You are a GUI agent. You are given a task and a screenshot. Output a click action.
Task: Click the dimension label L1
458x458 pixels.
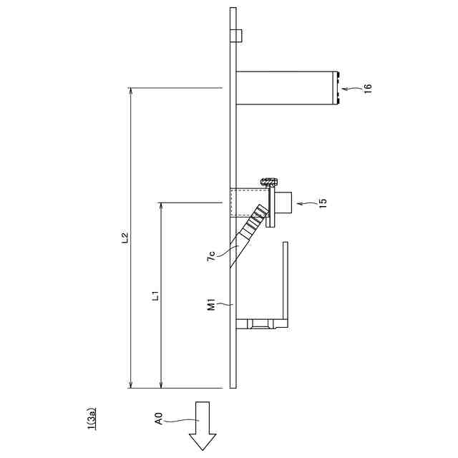(x=156, y=295)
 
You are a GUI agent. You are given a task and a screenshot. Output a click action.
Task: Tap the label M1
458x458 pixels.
(x=212, y=306)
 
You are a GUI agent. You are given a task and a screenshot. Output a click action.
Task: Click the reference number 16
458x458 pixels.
(x=368, y=88)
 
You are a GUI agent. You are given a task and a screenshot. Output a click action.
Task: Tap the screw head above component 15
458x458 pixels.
(x=270, y=182)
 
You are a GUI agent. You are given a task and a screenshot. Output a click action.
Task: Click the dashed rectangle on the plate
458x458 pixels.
(x=245, y=203)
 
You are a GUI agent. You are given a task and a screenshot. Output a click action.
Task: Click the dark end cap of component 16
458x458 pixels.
(x=337, y=88)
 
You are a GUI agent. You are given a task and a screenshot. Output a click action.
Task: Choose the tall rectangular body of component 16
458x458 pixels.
(x=286, y=88)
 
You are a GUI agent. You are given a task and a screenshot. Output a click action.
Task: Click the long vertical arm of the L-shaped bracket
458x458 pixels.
(x=286, y=283)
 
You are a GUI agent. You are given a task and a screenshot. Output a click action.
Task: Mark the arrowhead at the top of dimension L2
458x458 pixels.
(x=130, y=92)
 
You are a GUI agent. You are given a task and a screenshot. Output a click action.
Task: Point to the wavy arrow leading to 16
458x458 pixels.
(x=351, y=89)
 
